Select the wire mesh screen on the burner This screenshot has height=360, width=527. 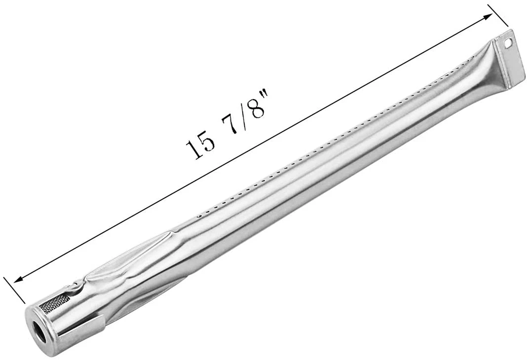coord(55,303)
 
